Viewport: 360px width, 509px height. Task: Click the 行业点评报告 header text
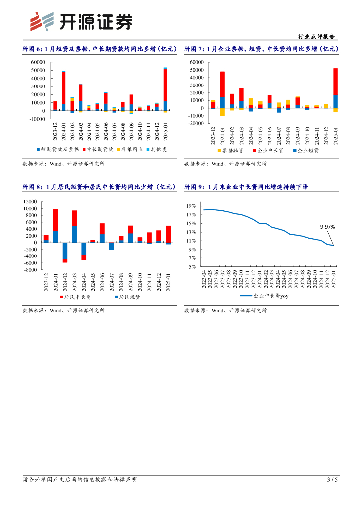[x=316, y=37]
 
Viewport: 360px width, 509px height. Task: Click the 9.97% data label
[x=327, y=227]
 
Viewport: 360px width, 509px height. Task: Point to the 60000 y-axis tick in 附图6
[x=38, y=62]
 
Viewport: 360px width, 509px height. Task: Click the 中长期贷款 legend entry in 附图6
[x=97, y=149]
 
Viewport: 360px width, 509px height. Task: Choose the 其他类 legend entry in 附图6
[x=155, y=149]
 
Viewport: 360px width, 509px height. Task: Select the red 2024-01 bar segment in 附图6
[x=64, y=88]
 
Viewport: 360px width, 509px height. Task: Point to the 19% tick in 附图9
[x=191, y=206]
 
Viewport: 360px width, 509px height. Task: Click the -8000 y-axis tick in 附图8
[x=30, y=270]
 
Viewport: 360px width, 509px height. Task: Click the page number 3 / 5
[x=332, y=479]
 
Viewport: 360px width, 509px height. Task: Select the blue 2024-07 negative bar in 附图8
[x=112, y=246]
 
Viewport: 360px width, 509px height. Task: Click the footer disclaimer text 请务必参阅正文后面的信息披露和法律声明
[x=80, y=479]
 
